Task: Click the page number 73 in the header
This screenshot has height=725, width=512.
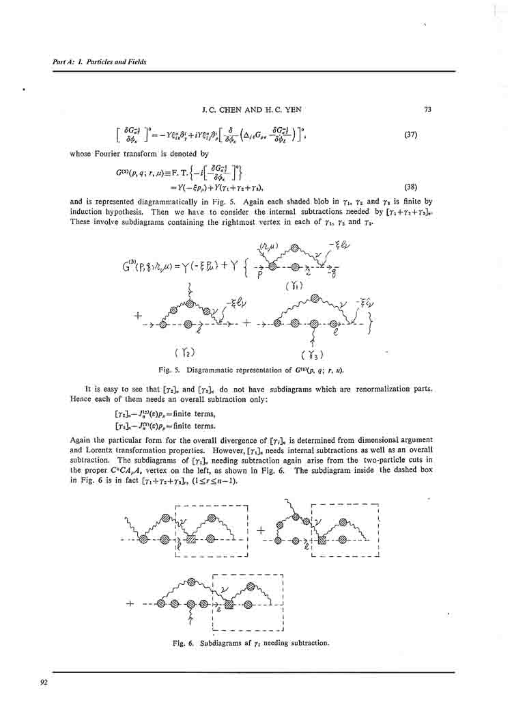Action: [x=427, y=109]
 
